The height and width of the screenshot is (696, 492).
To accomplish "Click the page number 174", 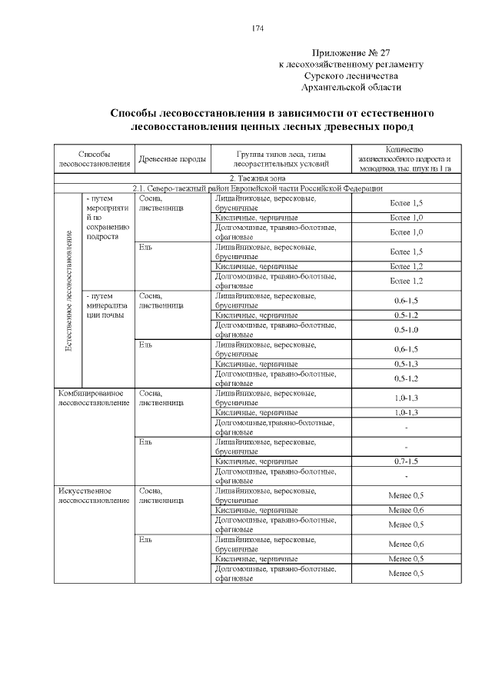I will (257, 28).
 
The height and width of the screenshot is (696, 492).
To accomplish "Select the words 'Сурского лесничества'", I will (351, 76).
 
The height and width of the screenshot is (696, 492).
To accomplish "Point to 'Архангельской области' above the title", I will (352, 88).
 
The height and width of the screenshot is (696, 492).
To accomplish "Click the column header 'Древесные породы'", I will (171, 160).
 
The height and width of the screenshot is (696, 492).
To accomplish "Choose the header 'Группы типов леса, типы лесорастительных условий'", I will (281, 159).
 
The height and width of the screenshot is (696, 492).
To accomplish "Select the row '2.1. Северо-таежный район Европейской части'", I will (258, 188).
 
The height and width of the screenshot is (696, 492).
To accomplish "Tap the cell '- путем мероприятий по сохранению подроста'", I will (108, 218).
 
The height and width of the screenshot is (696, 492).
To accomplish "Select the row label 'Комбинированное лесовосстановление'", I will (94, 398).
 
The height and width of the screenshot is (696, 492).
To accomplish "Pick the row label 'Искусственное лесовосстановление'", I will (94, 495).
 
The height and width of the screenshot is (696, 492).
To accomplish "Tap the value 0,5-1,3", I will (406, 363).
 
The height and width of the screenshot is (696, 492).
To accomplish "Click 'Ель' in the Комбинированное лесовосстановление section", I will (146, 441).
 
